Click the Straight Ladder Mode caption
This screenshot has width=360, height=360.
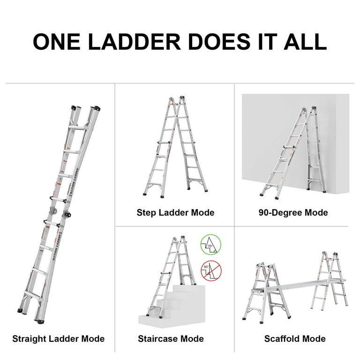click(x=58, y=338)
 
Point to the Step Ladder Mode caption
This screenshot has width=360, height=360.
click(x=175, y=213)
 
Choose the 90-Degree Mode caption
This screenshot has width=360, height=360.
click(x=293, y=213)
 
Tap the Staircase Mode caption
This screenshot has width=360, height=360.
click(x=171, y=338)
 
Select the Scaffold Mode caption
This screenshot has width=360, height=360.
click(x=295, y=338)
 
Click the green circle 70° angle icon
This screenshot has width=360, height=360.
click(x=210, y=244)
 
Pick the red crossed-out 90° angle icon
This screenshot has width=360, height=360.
click(x=210, y=271)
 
